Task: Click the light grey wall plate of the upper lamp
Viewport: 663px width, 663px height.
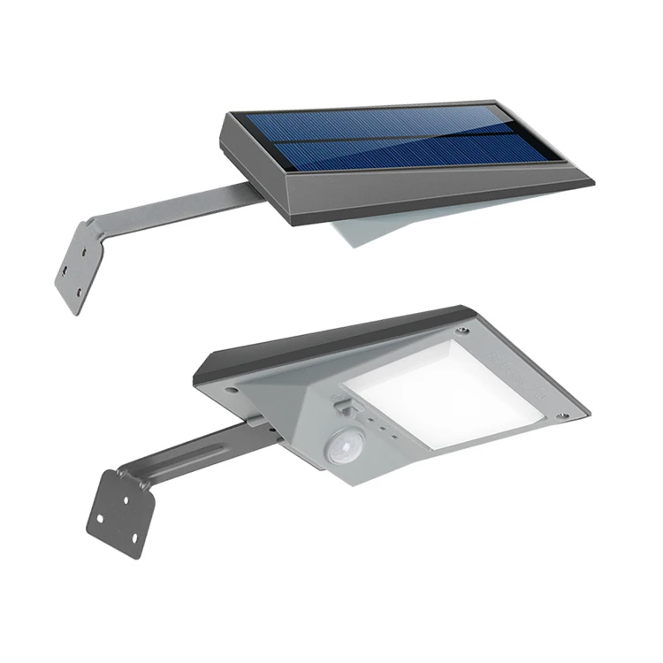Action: pyautogui.click(x=80, y=265)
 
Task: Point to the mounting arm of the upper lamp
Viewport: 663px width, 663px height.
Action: pyautogui.click(x=177, y=205)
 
